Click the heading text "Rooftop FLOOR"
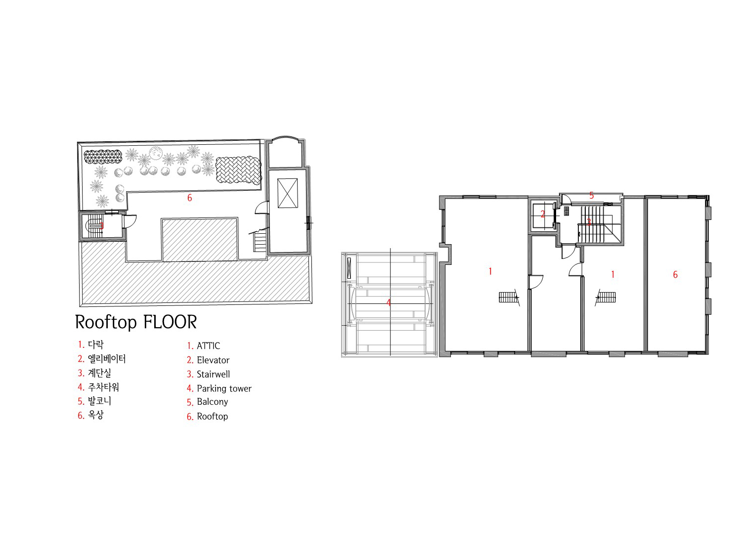pos(136,322)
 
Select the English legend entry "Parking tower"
pos(224,388)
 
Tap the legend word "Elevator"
pos(213,360)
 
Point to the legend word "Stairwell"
pos(214,375)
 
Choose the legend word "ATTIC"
pos(208,346)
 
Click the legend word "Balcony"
pos(213,402)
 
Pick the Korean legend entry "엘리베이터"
pos(107,358)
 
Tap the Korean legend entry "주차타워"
pos(103,387)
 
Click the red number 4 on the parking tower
pos(389,302)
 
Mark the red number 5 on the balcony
pos(591,195)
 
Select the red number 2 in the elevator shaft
pos(543,214)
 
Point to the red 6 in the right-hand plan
pos(675,275)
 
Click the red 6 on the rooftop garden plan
pos(189,198)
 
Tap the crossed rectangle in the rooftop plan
pos(288,193)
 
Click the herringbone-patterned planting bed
pos(238,170)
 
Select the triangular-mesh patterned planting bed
pos(103,157)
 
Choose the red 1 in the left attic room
pos(490,271)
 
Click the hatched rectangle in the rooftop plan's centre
pos(200,239)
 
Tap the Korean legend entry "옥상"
pos(95,415)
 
